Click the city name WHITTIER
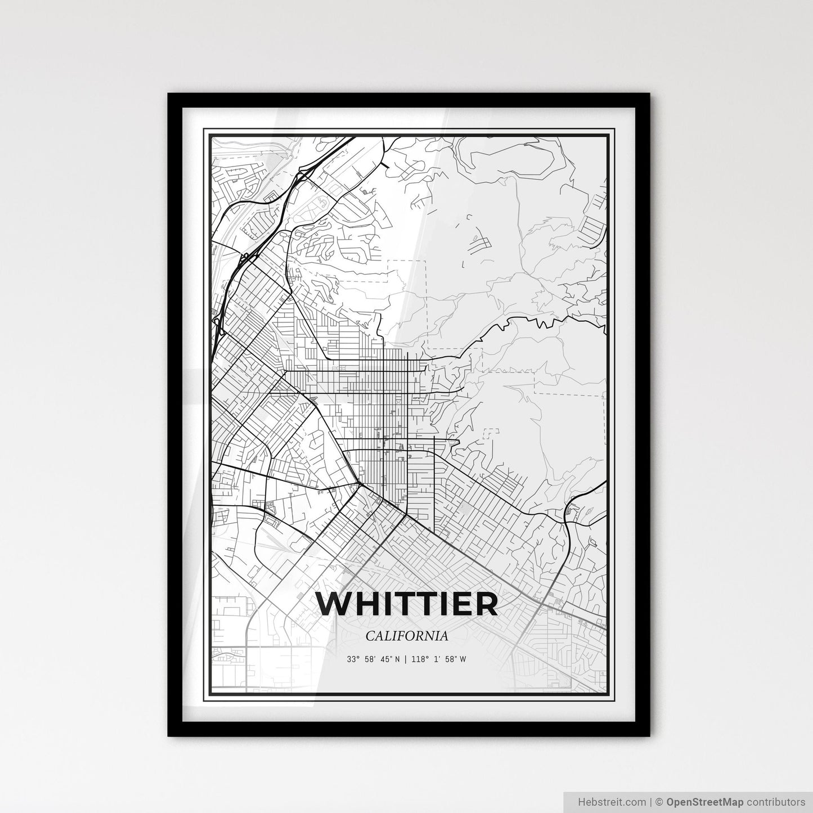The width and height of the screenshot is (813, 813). [407, 604]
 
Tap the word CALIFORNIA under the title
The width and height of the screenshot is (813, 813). [407, 636]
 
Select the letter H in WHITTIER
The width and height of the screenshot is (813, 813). [366, 604]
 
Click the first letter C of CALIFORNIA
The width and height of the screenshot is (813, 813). [370, 636]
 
